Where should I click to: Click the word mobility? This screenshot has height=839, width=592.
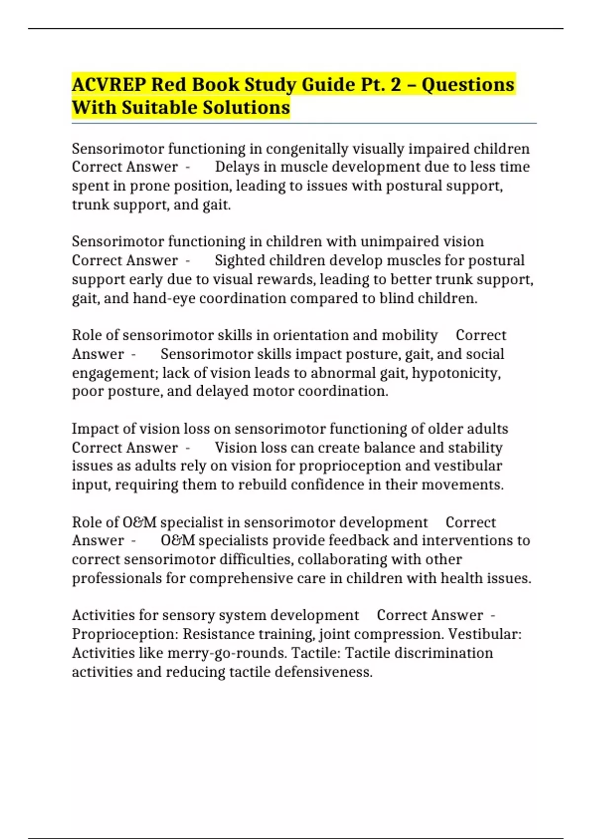tap(409, 335)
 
